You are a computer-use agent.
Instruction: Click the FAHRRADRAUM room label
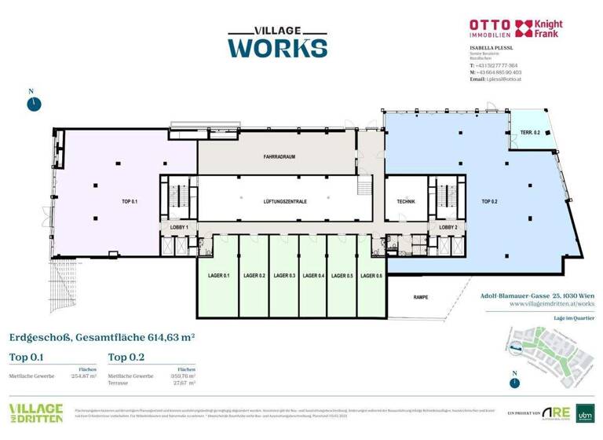point(279,157)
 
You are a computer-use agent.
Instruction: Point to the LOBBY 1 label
point(180,227)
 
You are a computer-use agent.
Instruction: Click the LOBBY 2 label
point(448,227)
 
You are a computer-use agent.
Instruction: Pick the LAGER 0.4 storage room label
point(313,276)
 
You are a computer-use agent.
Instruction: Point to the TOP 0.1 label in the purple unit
point(130,202)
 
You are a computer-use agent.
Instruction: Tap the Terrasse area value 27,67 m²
point(185,382)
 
